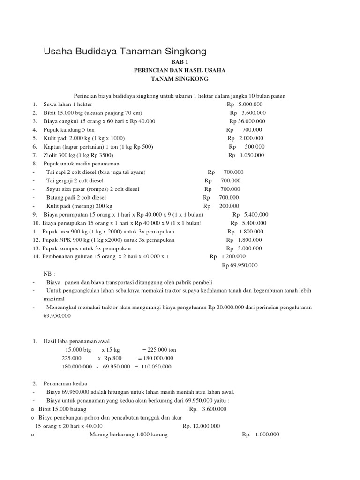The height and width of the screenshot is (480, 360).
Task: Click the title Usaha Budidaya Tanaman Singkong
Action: click(x=125, y=51)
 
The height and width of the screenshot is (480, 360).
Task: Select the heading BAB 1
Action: click(x=180, y=61)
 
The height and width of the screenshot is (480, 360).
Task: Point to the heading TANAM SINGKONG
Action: click(x=180, y=79)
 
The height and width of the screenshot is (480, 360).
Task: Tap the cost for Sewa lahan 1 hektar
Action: click(x=245, y=105)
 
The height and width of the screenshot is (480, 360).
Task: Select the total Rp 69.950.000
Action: click(x=240, y=265)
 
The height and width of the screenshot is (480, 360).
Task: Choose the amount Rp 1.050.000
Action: click(x=246, y=155)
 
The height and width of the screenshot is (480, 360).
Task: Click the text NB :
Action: click(x=49, y=274)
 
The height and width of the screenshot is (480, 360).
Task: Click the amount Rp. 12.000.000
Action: click(x=201, y=426)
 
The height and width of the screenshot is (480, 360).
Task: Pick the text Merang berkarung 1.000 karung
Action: click(x=128, y=435)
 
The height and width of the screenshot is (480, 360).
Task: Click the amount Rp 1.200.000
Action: click(x=228, y=257)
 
